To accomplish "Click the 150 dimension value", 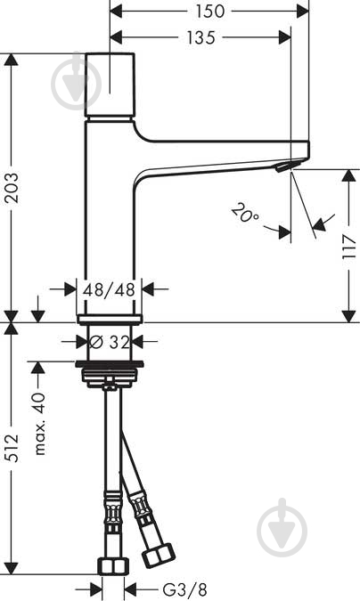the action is [210, 11].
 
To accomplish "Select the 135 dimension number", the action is [201, 37].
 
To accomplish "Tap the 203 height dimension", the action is [12, 188].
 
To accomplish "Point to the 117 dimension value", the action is [349, 247].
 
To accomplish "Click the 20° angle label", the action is [245, 214].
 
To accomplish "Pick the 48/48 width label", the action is [109, 289].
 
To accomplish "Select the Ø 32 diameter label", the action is [110, 342].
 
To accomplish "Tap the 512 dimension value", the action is [12, 448].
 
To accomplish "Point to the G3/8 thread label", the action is [184, 589].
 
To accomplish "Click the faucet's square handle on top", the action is [110, 85].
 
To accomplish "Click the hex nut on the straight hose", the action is [113, 566].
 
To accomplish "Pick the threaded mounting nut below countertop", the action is [110, 374].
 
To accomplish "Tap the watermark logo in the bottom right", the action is [282, 526].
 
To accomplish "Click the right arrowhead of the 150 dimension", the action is [303, 11].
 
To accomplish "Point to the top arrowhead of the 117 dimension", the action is [348, 175].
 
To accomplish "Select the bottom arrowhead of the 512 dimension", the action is [12, 568].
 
